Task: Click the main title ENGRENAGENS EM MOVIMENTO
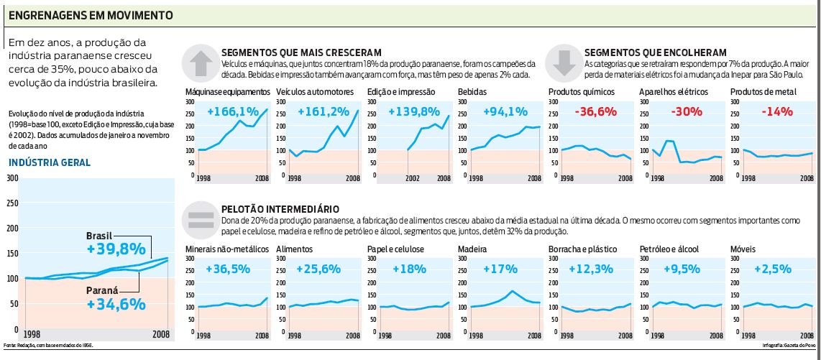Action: [x=91, y=14]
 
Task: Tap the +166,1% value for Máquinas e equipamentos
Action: [x=233, y=111]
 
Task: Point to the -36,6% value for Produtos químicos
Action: [x=594, y=111]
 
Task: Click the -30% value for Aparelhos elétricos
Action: [x=683, y=111]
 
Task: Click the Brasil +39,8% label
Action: [x=117, y=244]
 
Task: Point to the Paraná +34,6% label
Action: [x=116, y=297]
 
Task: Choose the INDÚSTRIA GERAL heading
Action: [x=50, y=162]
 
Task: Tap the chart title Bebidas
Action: [x=472, y=92]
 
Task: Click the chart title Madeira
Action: [x=474, y=249]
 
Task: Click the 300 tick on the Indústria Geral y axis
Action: [x=12, y=177]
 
